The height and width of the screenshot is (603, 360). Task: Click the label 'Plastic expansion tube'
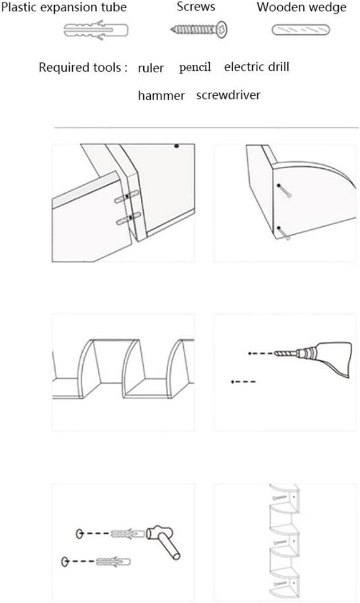[64, 8]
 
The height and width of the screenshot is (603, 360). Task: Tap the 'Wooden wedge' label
[302, 8]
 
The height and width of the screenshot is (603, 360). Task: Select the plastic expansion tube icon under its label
[96, 29]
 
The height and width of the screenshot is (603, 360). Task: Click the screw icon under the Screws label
[200, 29]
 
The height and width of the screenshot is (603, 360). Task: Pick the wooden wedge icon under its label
[300, 29]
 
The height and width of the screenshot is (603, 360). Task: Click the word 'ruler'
[151, 68]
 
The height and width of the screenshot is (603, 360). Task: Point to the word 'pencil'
[195, 67]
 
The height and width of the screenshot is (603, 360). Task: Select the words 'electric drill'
[257, 67]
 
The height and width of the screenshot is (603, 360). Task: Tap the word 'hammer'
[161, 95]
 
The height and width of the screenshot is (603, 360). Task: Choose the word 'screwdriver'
[228, 95]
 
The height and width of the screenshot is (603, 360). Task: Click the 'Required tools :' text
[83, 67]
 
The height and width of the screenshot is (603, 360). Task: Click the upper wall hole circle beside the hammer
[79, 534]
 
